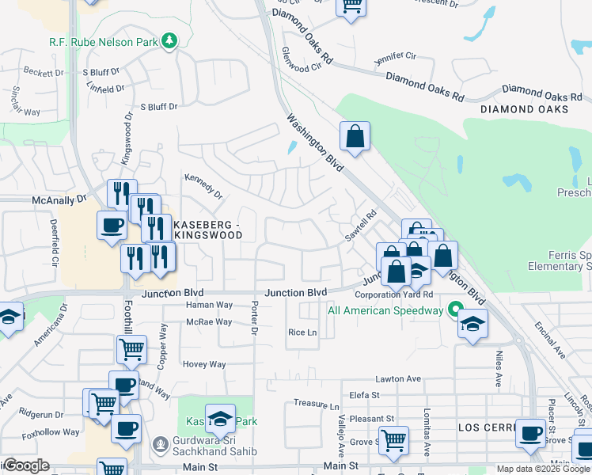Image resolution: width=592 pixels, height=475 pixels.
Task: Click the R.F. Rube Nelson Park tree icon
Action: click(169, 40)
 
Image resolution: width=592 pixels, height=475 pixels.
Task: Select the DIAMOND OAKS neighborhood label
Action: click(523, 109)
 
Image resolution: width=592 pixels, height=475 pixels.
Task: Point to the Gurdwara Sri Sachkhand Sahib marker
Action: click(161, 442)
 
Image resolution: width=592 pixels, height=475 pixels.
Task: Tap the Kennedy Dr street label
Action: click(204, 185)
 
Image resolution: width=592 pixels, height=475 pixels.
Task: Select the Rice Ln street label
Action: click(302, 332)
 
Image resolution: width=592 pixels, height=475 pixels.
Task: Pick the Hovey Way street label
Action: click(204, 365)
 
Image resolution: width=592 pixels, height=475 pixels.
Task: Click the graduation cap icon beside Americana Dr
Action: click(9, 318)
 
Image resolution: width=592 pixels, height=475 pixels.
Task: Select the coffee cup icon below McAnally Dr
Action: click(112, 225)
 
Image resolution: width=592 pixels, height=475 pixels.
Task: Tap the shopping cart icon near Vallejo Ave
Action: click(393, 439)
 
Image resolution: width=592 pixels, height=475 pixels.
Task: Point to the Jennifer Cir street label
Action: click(394, 56)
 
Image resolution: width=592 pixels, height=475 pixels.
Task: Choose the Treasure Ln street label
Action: click(310, 404)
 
